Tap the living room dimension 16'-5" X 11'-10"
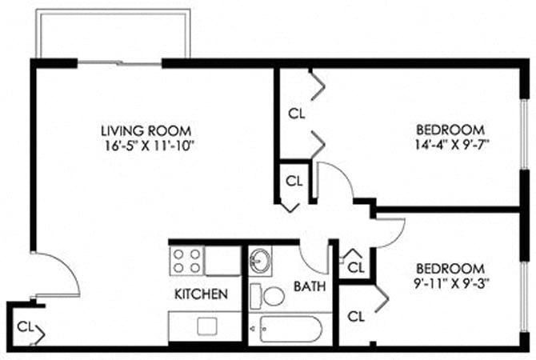click(x=150, y=146)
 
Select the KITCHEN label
click(x=202, y=294)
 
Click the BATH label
click(x=308, y=286)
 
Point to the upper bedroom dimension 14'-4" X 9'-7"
click(x=451, y=146)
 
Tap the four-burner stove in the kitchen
click(x=187, y=261)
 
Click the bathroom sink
click(x=260, y=261)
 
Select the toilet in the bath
click(x=269, y=296)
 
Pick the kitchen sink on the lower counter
click(x=208, y=326)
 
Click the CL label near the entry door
click(x=26, y=326)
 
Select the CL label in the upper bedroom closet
click(x=297, y=114)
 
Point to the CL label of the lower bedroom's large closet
click(x=357, y=315)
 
